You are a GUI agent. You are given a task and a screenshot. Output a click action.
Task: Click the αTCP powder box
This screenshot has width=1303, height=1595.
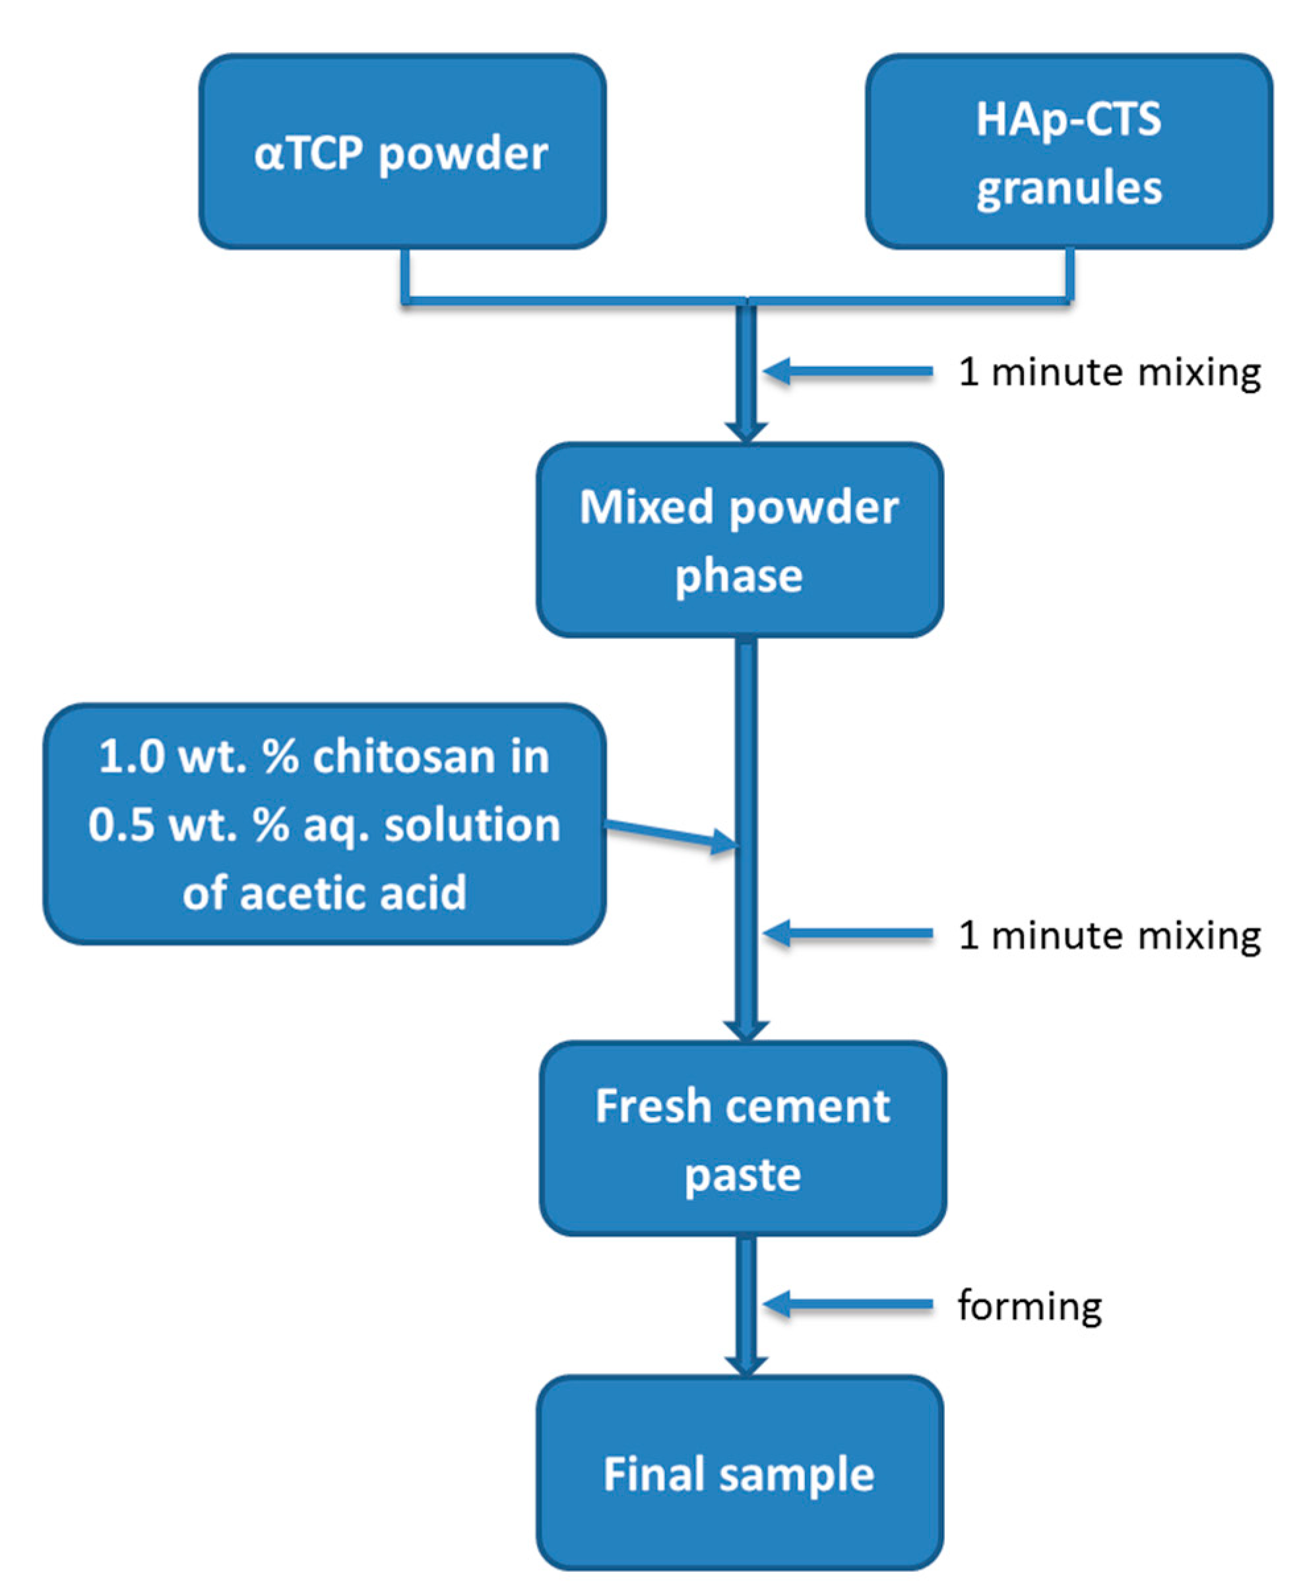(x=402, y=152)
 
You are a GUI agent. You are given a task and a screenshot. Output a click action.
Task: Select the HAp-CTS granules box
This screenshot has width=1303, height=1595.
(x=1069, y=152)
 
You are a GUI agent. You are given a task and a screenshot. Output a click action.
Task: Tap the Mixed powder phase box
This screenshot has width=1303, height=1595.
(x=740, y=540)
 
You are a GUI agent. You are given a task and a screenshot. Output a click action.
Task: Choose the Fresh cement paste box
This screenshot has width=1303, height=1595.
(x=742, y=1138)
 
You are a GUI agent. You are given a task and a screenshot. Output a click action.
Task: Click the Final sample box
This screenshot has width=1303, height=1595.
(x=740, y=1473)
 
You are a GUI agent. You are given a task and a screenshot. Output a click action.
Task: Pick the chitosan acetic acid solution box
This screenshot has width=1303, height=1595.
(x=324, y=824)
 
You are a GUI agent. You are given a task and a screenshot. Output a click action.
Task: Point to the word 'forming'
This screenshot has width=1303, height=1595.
(x=1029, y=1305)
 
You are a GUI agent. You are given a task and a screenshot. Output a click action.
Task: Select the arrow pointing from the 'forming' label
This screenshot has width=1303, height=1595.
(x=848, y=1305)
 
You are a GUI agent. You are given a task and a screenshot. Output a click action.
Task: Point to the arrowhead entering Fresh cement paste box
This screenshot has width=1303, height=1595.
(x=746, y=1029)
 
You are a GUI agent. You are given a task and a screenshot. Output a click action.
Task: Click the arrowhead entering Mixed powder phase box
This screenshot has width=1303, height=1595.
(x=746, y=431)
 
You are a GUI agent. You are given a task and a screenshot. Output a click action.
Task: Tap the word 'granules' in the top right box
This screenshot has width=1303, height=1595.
(x=1069, y=187)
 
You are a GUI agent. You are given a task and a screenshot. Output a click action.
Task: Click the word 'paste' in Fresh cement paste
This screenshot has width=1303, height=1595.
(x=742, y=1175)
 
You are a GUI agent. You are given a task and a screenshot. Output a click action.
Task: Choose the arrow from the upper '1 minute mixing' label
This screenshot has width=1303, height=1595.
(x=848, y=372)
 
